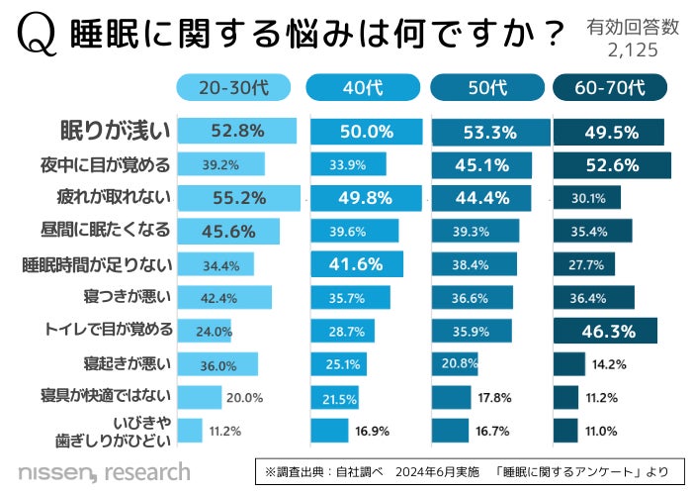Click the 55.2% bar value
point(237,198)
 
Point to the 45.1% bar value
point(482,164)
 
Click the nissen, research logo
point(104,470)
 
